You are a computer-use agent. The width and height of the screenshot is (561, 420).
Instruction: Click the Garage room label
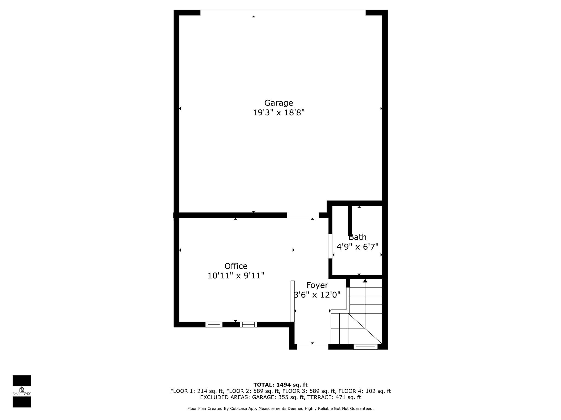click(x=279, y=103)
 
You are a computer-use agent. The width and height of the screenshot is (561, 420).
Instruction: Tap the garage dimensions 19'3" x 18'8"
click(x=279, y=113)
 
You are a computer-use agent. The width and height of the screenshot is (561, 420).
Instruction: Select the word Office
click(x=236, y=266)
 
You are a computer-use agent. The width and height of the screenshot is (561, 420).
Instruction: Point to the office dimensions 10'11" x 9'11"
click(x=236, y=276)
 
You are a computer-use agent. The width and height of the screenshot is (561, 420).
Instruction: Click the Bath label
click(x=357, y=237)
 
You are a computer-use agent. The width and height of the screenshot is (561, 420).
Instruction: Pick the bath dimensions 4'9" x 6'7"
click(x=357, y=247)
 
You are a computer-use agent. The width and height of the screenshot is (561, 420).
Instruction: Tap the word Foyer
click(x=317, y=285)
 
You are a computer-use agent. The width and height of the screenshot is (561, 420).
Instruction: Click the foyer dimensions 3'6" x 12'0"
click(x=317, y=295)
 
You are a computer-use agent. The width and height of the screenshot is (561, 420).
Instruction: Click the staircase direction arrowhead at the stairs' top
click(x=365, y=281)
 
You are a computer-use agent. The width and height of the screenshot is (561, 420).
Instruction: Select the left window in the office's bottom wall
click(x=214, y=325)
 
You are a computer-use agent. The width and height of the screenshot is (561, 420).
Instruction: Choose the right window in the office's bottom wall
click(x=248, y=325)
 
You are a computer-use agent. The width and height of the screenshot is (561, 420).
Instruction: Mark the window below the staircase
click(x=365, y=347)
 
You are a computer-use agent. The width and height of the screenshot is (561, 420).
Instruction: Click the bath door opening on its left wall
click(x=330, y=246)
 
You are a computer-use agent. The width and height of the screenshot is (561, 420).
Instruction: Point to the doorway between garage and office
click(x=303, y=215)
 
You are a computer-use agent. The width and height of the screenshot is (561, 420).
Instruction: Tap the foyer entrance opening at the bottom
click(x=313, y=347)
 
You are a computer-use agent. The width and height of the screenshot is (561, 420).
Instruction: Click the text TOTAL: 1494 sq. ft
click(x=280, y=385)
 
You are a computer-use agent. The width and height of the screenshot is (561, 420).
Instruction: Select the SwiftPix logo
click(x=22, y=391)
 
